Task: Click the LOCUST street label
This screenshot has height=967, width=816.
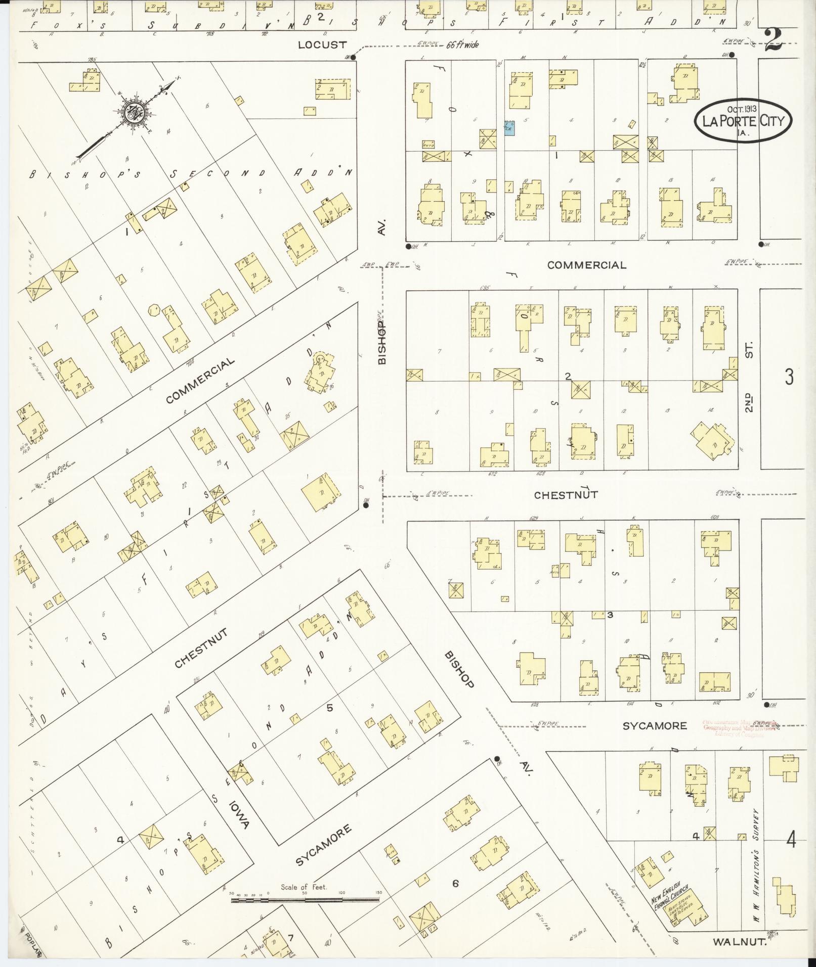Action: (x=322, y=44)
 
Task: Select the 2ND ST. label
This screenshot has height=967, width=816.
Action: (x=749, y=377)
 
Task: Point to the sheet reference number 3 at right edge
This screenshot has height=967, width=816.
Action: (x=789, y=377)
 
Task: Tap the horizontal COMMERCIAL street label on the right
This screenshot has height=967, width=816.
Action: (x=586, y=265)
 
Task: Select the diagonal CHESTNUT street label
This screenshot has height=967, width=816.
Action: (x=200, y=648)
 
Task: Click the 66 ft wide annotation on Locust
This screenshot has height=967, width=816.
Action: (x=462, y=45)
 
